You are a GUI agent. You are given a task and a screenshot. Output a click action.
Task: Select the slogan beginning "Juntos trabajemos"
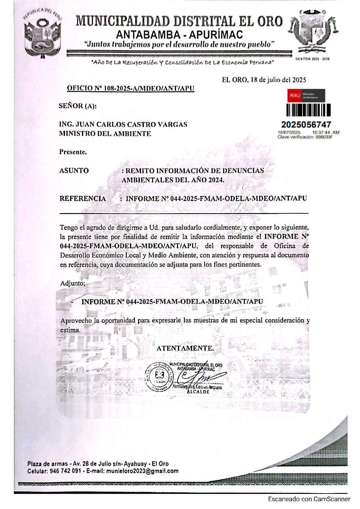pyautogui.click(x=179, y=44)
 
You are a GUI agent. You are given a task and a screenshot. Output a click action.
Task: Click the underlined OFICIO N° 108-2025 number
pyautogui.click(x=130, y=88)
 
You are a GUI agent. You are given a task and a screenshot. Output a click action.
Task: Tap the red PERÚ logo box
pyautogui.click(x=294, y=96)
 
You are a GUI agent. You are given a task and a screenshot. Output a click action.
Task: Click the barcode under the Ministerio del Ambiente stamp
pyautogui.click(x=308, y=110)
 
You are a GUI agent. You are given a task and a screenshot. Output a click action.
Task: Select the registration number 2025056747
pyautogui.click(x=306, y=125)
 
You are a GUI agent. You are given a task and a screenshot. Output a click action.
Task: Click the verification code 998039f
pyautogui.click(x=323, y=137)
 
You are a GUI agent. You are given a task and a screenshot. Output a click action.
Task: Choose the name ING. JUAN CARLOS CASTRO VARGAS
pyautogui.click(x=123, y=125)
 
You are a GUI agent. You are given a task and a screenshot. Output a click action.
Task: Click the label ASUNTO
pyautogui.click(x=74, y=170)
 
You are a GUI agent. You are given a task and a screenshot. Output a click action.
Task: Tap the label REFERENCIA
pyautogui.click(x=83, y=199)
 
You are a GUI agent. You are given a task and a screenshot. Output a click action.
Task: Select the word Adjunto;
pyautogui.click(x=73, y=283)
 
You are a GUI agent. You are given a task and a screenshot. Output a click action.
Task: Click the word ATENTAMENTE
pyautogui.click(x=185, y=348)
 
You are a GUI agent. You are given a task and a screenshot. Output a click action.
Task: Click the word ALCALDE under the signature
pyautogui.click(x=198, y=392)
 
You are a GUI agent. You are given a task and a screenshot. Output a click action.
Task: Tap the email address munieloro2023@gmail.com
pyautogui.click(x=142, y=471)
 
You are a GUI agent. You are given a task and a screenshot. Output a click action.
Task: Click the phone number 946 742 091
pyautogui.click(x=65, y=471)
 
